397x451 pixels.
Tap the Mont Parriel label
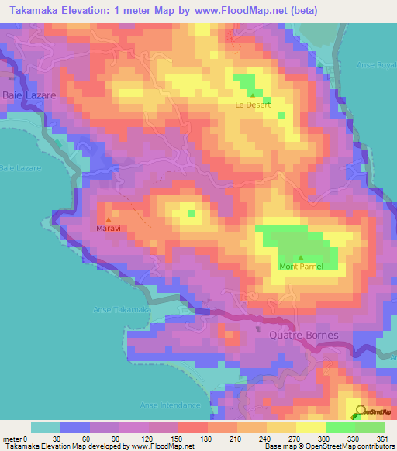(301, 267)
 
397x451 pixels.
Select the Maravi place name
(108, 229)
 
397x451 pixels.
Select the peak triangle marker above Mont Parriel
(301, 258)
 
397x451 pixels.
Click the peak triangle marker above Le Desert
(252, 95)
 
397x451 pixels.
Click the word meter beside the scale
(14, 438)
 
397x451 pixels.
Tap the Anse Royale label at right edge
(378, 65)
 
